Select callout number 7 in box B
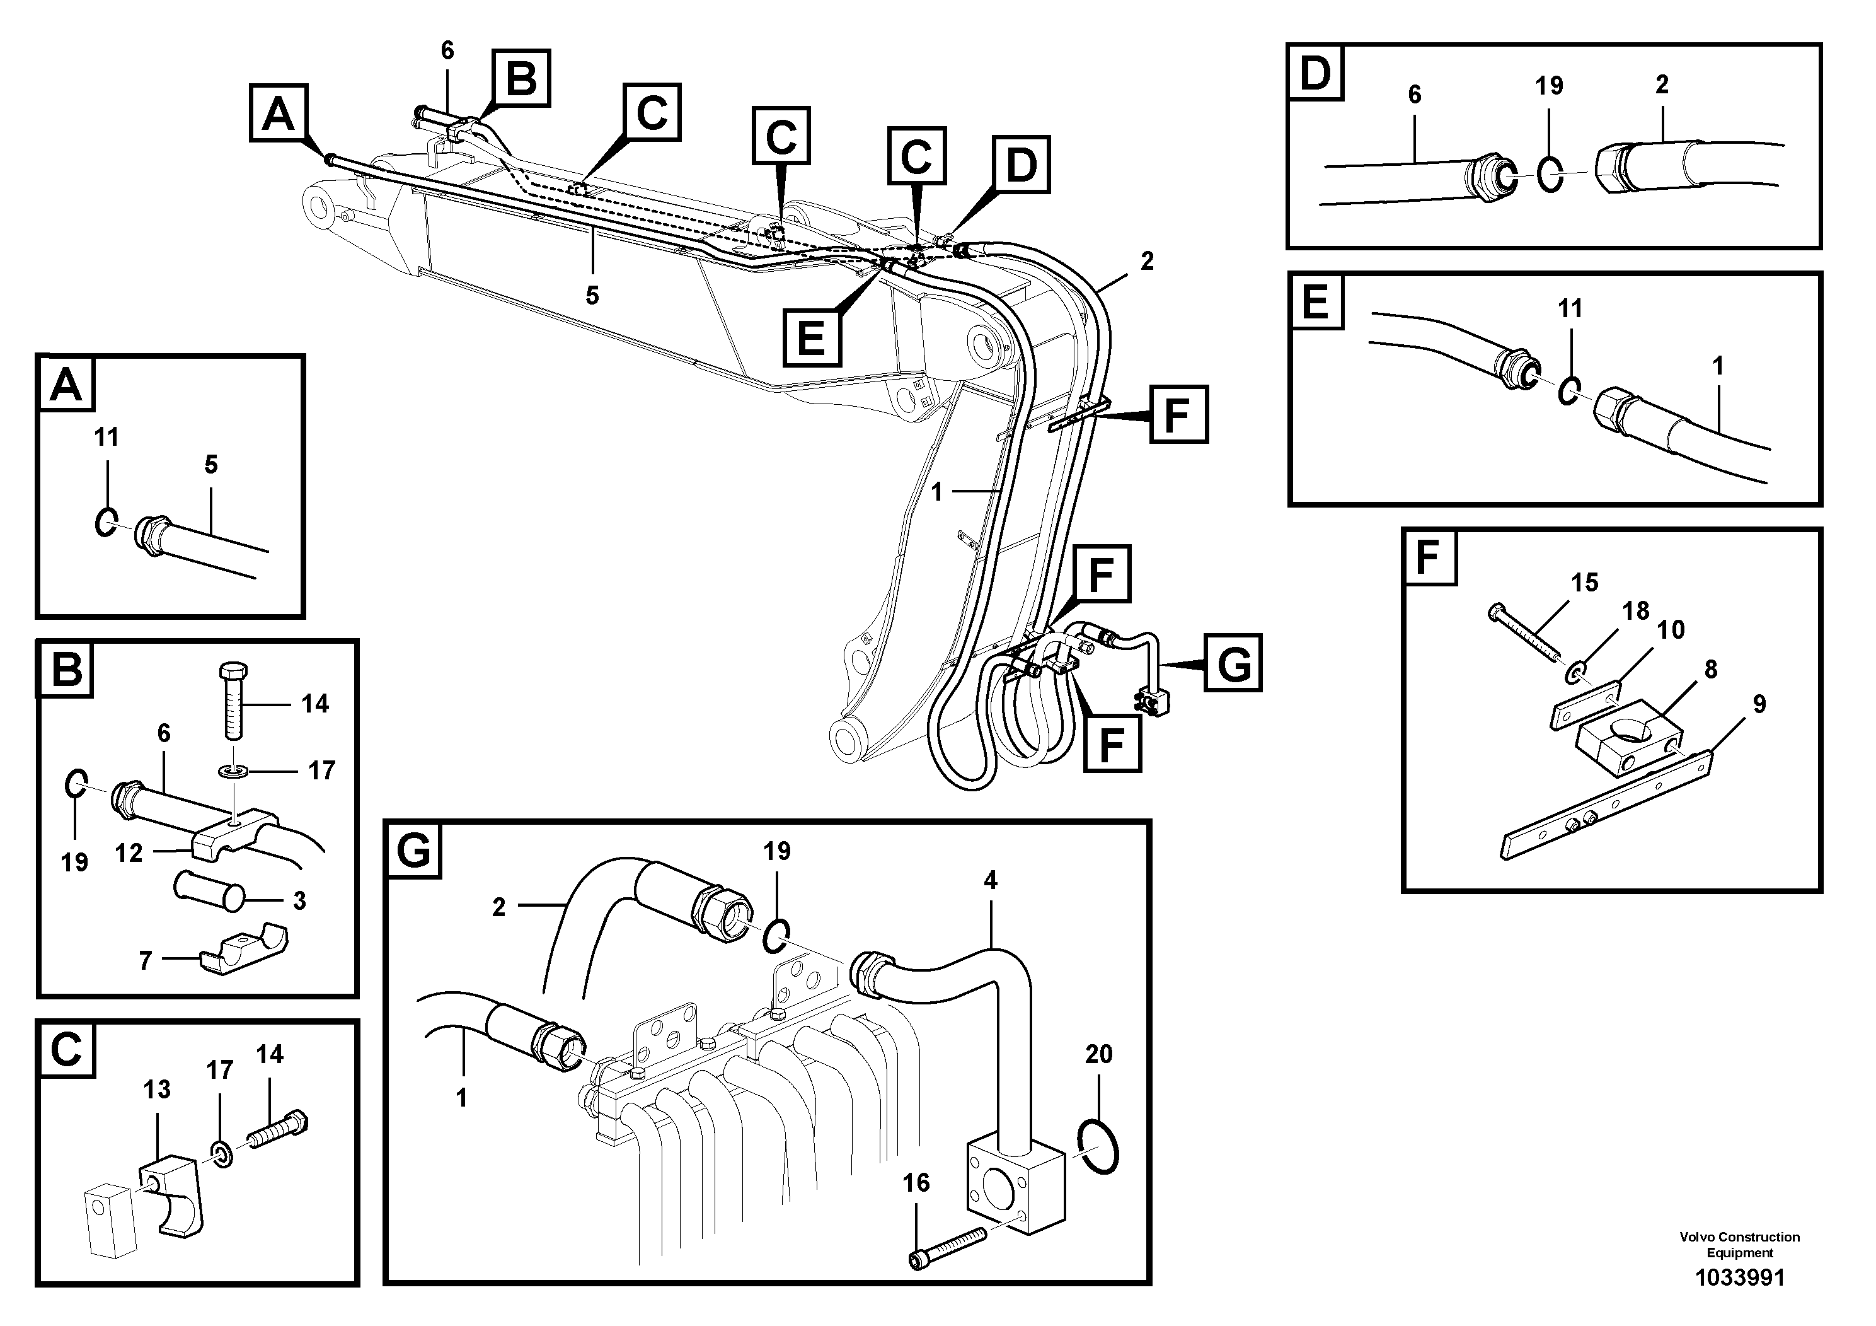[146, 960]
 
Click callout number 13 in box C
[157, 1089]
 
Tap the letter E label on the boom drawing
[812, 336]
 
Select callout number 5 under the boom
[592, 295]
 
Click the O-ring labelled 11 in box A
[105, 521]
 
